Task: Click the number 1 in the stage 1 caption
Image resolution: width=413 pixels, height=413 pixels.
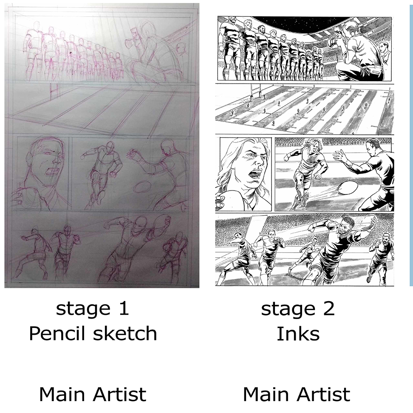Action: point(124,308)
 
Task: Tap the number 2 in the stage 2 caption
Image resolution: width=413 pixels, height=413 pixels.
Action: point(329,308)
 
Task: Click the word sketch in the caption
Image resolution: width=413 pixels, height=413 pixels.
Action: point(125,333)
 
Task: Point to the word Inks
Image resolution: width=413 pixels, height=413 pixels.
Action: point(298,333)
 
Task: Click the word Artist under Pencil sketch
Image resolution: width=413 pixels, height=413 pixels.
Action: point(120,394)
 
